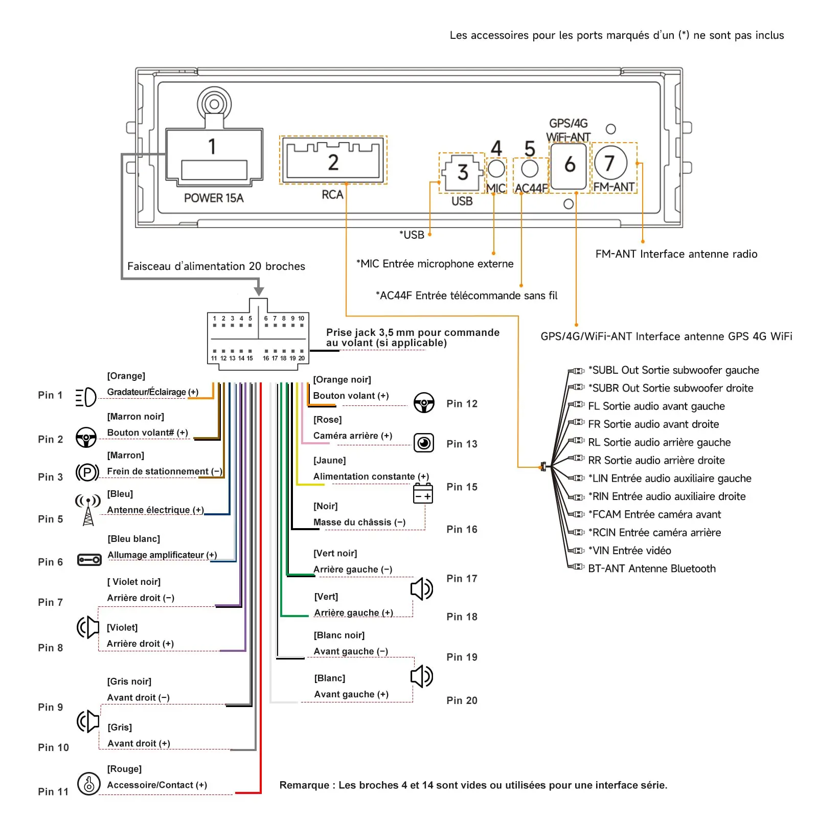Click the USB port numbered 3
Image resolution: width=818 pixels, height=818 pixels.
(x=462, y=172)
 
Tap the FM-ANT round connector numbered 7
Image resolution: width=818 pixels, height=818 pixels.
(x=610, y=163)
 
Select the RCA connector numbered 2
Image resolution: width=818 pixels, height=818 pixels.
(x=333, y=161)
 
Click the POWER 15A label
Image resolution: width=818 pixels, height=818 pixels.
(x=214, y=198)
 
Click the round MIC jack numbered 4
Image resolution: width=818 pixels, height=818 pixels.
(x=496, y=168)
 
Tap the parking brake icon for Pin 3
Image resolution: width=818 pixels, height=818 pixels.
(x=87, y=472)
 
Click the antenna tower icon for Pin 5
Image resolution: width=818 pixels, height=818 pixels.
(x=88, y=510)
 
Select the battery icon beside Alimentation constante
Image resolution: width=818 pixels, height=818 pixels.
(x=423, y=493)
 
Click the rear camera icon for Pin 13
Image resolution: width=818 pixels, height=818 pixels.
(x=424, y=443)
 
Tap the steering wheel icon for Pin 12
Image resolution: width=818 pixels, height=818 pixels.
(x=424, y=403)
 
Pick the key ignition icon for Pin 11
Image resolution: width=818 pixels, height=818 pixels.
(x=88, y=783)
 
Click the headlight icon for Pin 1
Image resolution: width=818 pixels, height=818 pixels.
(x=85, y=397)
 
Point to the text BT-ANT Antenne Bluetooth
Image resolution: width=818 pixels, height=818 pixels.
(x=652, y=569)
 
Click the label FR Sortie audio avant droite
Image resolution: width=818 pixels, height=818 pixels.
(x=653, y=424)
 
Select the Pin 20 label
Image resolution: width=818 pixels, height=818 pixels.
(x=462, y=700)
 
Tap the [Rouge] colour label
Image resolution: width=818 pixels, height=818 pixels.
(x=124, y=769)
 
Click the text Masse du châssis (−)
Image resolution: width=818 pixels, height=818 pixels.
(x=359, y=522)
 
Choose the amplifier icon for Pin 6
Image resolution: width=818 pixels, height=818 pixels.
(x=89, y=560)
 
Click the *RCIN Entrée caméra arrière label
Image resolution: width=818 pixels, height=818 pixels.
(x=654, y=532)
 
